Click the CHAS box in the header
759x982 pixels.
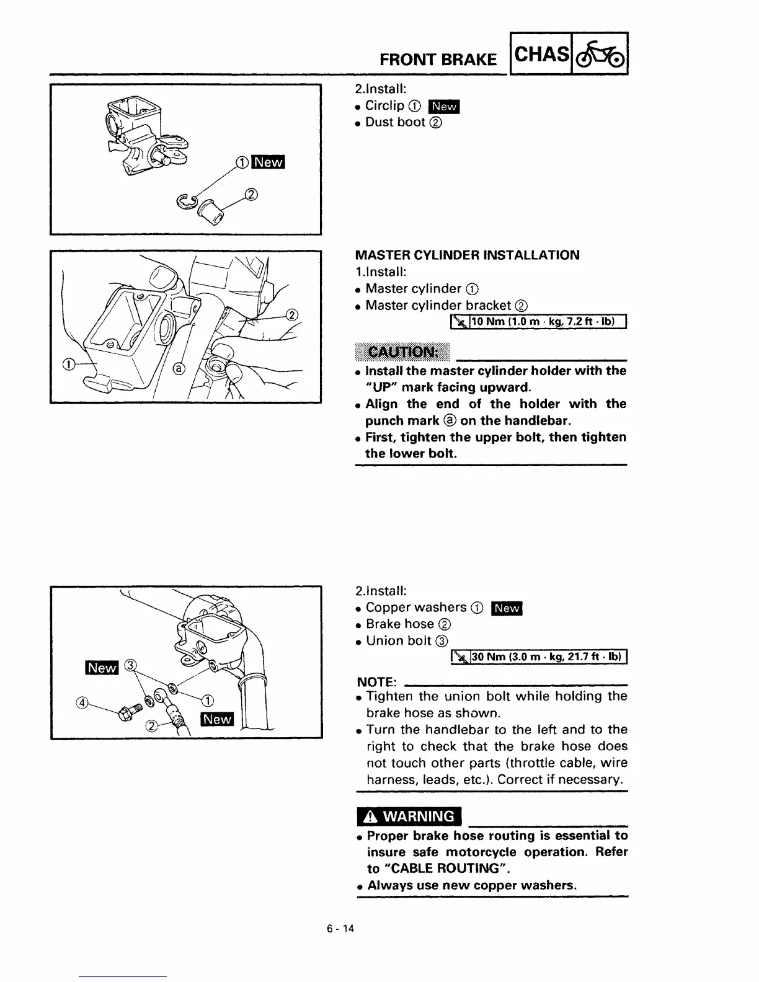(x=539, y=55)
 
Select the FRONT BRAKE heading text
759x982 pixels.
(x=438, y=60)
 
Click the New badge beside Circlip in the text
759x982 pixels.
(x=445, y=106)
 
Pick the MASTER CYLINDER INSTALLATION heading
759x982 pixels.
(x=467, y=255)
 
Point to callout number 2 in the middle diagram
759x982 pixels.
(x=292, y=314)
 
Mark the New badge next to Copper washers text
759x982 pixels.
(x=507, y=608)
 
